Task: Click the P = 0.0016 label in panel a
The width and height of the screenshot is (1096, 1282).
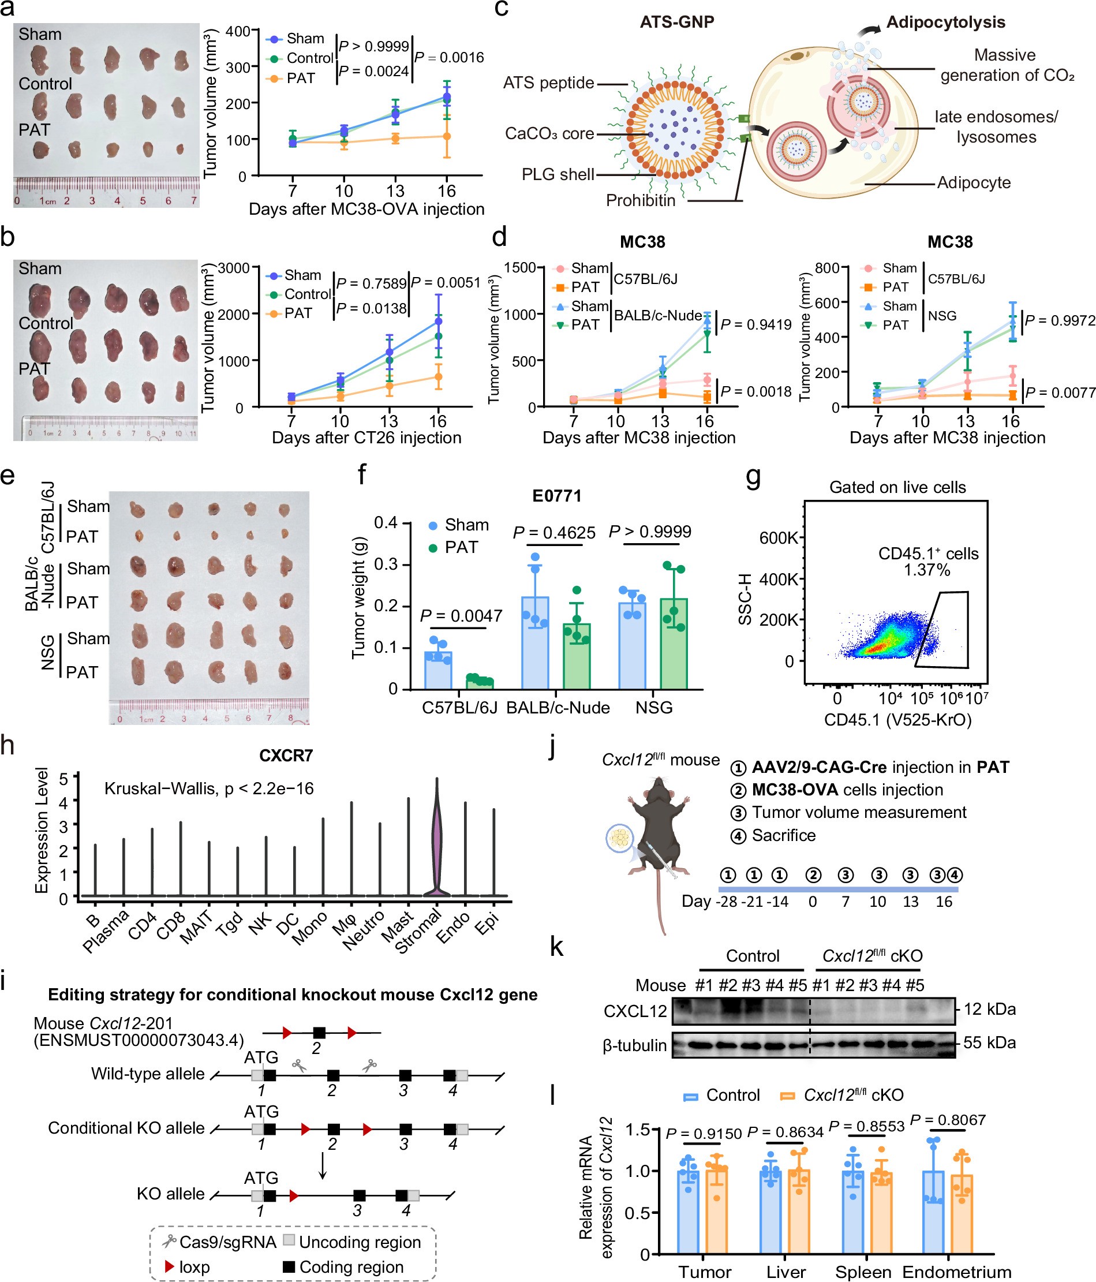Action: tap(449, 58)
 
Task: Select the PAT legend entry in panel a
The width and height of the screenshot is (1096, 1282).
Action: tap(301, 79)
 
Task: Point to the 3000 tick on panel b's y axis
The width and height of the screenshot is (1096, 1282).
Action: tap(234, 268)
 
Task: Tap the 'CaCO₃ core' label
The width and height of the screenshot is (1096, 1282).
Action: tap(549, 134)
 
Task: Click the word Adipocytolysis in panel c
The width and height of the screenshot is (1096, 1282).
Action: tap(945, 23)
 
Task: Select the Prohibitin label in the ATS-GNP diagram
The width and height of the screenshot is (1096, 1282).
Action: tap(640, 200)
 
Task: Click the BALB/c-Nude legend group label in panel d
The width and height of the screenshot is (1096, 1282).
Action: tap(658, 316)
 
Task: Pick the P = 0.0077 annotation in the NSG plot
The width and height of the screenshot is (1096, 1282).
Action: tap(1060, 393)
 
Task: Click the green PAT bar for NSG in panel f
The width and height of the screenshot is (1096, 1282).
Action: tap(674, 644)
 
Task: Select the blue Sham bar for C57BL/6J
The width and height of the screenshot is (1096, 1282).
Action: tap(438, 670)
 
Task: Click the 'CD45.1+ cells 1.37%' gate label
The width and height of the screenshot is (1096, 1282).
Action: tap(928, 561)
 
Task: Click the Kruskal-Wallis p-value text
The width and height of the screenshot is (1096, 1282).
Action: tap(208, 788)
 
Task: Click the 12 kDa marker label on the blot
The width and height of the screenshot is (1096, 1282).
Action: tap(990, 1009)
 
